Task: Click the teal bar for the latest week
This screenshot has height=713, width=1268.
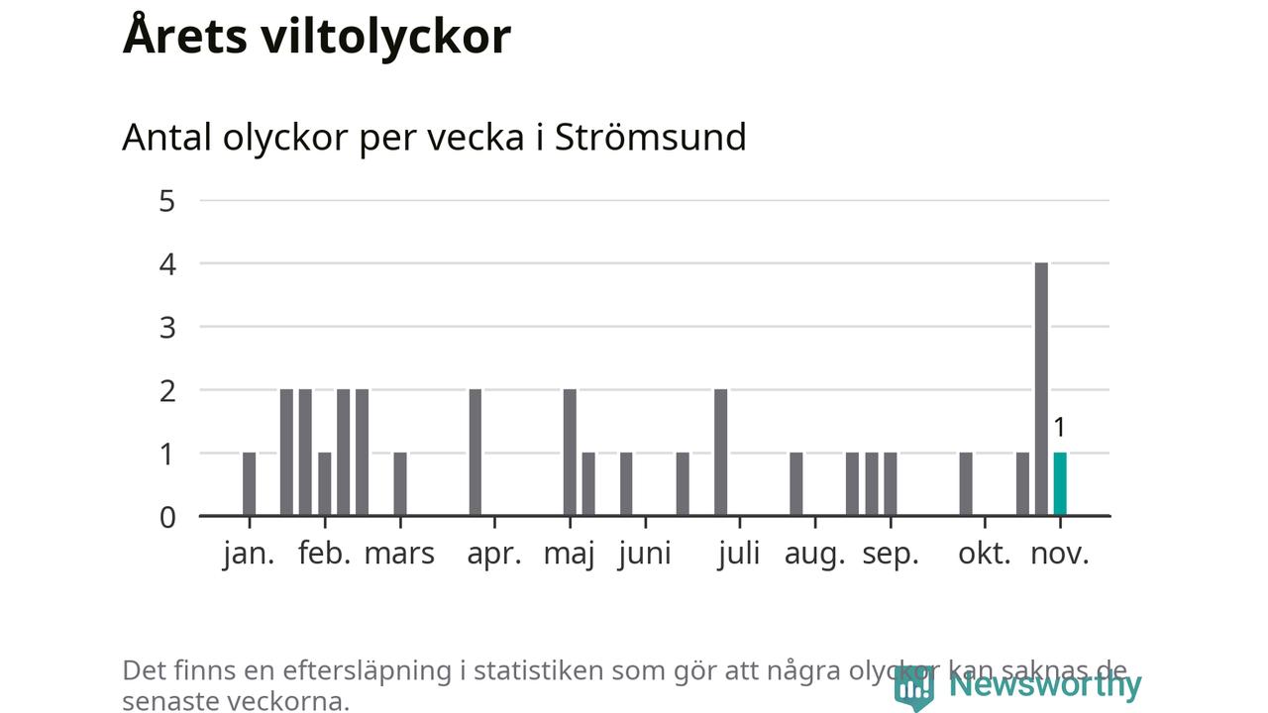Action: [x=1060, y=484]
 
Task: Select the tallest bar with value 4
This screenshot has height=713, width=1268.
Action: [x=1041, y=389]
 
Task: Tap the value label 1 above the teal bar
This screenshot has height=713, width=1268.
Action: [x=1059, y=428]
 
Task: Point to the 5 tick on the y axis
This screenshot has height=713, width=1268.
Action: [x=166, y=201]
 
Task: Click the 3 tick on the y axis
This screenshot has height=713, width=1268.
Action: [x=166, y=327]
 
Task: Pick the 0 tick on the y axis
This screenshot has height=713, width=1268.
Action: [x=166, y=517]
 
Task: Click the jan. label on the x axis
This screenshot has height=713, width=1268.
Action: [x=249, y=554]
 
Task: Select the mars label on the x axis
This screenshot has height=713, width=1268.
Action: [x=399, y=554]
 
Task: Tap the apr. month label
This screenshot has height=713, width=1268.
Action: [x=493, y=554]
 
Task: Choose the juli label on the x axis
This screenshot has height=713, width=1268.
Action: [x=739, y=554]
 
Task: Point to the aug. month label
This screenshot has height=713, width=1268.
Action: [x=814, y=554]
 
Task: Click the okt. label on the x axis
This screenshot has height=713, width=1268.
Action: [x=985, y=554]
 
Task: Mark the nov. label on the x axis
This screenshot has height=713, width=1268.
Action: [x=1060, y=554]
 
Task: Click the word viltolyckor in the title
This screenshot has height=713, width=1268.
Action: [x=386, y=37]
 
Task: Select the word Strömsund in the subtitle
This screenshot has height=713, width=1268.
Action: [x=650, y=137]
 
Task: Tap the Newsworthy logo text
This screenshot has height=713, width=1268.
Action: [x=1044, y=684]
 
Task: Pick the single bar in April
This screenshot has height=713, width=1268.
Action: [x=475, y=453]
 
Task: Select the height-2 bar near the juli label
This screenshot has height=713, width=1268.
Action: [x=720, y=453]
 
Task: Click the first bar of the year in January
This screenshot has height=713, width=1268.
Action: [x=249, y=484]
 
